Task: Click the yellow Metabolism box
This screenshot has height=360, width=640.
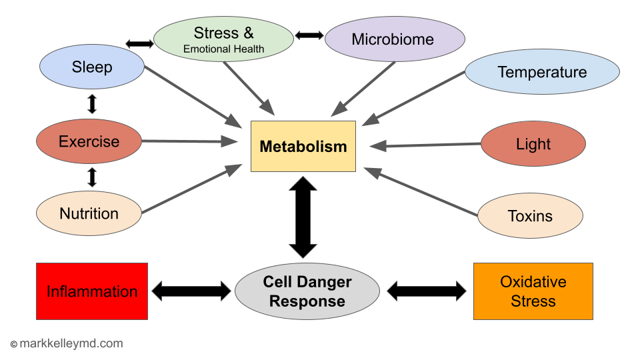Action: tap(303, 146)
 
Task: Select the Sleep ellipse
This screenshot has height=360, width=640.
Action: tap(92, 67)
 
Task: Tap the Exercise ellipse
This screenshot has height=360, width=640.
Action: tap(89, 141)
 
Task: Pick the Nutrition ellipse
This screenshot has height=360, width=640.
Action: tap(89, 213)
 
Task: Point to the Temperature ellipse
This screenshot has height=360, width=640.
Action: tap(542, 72)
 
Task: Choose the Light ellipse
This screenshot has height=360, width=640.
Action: tap(533, 144)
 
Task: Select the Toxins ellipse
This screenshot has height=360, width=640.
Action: tap(531, 216)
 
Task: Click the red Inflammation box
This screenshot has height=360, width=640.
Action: tap(92, 291)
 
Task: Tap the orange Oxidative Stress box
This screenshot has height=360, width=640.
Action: tap(533, 291)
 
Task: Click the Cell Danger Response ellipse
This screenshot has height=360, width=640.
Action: tap(307, 291)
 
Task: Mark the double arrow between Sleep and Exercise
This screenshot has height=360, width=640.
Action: tap(92, 104)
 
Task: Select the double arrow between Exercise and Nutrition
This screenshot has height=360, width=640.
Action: tap(92, 177)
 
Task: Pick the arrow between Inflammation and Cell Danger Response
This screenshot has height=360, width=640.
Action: tap(191, 291)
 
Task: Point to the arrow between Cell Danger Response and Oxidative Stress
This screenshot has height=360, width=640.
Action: tap(427, 291)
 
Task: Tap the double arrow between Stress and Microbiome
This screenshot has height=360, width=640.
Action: tap(309, 35)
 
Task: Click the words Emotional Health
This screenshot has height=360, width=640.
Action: tap(224, 49)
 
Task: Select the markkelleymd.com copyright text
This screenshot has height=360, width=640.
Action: tap(67, 344)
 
